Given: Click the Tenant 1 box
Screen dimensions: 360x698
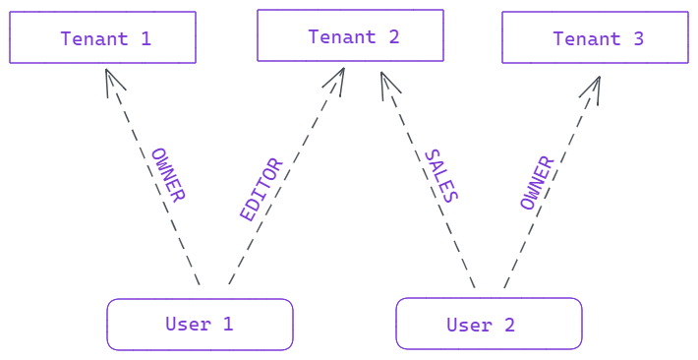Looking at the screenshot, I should [x=102, y=37].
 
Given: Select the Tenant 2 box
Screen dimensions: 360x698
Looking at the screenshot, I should [x=350, y=35].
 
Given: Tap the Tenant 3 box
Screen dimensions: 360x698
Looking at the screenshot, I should [x=595, y=37].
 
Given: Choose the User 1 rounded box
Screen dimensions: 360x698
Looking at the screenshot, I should [x=200, y=325].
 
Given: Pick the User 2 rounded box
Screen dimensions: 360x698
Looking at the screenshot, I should [x=489, y=325].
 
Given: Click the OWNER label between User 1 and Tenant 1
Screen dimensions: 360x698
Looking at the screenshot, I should [x=168, y=175].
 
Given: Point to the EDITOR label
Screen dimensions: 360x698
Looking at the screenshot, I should [x=262, y=189].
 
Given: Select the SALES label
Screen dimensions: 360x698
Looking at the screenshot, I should [x=440, y=176].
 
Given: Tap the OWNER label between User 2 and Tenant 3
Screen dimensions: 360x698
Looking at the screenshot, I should [x=537, y=183].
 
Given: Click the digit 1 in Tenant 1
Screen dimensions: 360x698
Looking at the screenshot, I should [x=146, y=39].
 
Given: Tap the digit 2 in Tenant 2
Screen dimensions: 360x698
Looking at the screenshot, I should [x=393, y=37].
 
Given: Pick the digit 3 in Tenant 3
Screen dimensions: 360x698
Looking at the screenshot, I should [x=638, y=39].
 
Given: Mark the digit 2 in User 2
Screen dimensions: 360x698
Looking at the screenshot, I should [x=509, y=325].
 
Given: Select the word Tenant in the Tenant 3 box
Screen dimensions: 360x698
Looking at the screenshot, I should [x=587, y=39].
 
